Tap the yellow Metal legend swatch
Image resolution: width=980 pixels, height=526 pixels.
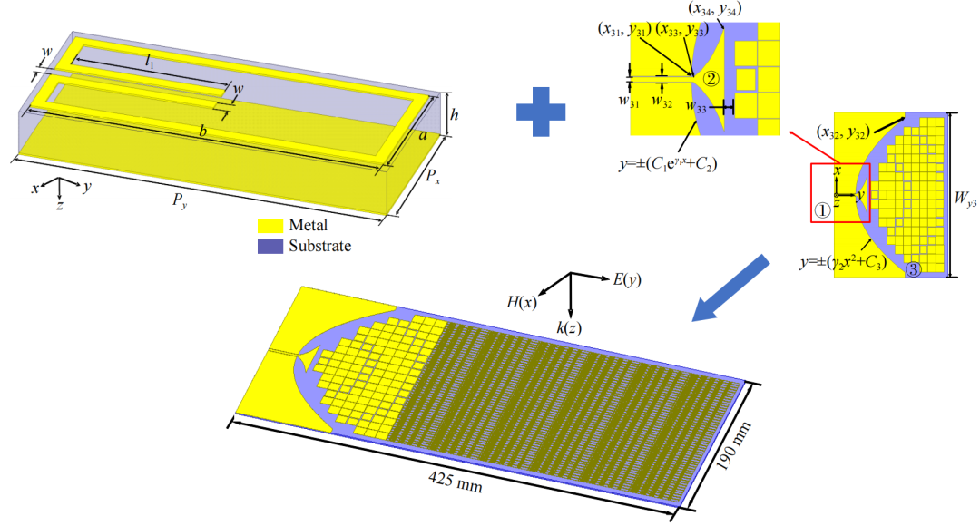(x=269, y=226)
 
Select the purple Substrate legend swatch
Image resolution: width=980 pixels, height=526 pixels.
(x=269, y=246)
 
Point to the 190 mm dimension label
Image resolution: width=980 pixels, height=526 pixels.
(x=731, y=451)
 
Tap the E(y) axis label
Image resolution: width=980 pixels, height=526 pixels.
(x=623, y=280)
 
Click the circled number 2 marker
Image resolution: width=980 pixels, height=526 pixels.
(x=711, y=79)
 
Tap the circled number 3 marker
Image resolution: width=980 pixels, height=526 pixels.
(x=913, y=268)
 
